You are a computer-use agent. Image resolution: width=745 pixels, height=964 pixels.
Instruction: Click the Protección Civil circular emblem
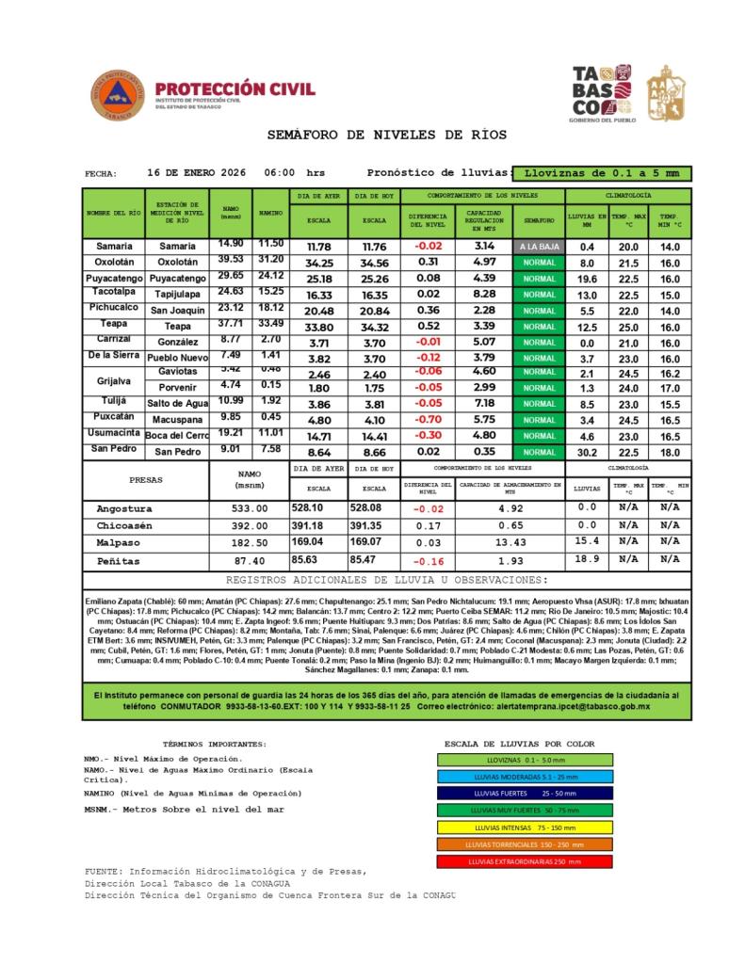(118, 95)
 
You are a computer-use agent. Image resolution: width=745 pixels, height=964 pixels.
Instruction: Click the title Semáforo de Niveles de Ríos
(387, 136)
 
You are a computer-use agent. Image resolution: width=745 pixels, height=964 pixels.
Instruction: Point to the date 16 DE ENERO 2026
(197, 173)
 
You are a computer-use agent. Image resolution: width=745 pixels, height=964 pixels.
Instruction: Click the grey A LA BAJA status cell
(539, 247)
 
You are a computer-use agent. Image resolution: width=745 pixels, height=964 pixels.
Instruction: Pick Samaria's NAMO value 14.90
(231, 245)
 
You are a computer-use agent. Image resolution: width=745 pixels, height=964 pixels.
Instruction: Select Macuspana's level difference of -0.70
(429, 420)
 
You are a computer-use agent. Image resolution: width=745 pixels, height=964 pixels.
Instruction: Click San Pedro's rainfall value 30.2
(587, 453)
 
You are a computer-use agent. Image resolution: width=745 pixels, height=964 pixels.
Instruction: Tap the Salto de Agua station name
(178, 403)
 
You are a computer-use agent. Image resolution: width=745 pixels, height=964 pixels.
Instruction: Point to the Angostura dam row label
(124, 509)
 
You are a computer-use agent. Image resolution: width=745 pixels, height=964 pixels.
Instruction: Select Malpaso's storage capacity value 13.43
(510, 543)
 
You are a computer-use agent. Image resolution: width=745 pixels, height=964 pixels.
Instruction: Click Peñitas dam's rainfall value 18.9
(587, 559)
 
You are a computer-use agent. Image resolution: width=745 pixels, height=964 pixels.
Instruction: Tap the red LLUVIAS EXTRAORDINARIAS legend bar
(525, 861)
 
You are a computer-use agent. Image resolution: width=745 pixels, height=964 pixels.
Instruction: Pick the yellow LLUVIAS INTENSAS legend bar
(525, 827)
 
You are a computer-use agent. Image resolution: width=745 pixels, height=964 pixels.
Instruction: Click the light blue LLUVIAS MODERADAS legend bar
(525, 777)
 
